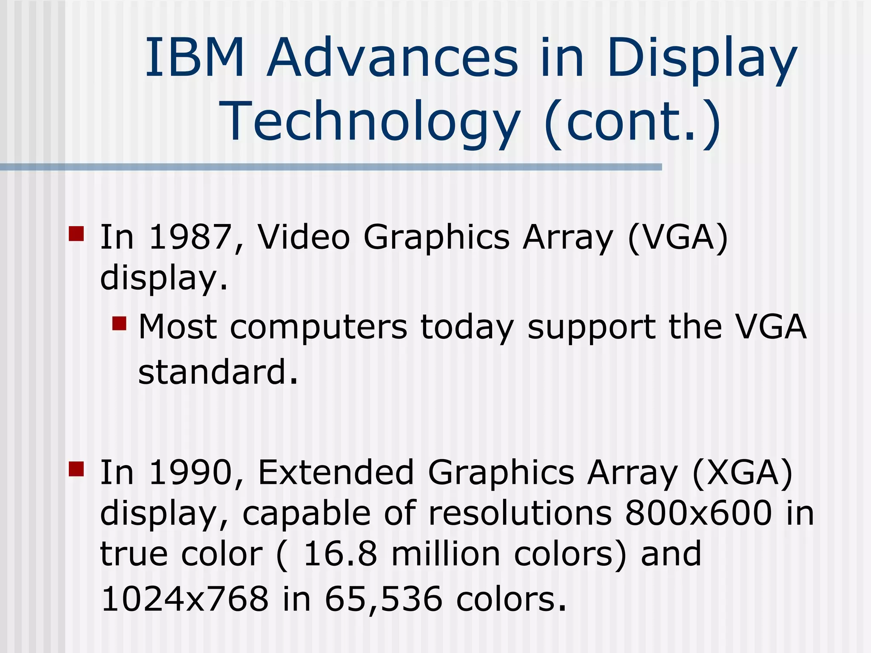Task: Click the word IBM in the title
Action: pos(195,58)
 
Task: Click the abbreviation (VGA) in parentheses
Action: pos(678,237)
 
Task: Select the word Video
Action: pos(304,237)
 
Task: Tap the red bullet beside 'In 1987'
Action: pos(76,233)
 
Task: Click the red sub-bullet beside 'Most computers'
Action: pos(120,323)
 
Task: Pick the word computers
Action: pos(319,327)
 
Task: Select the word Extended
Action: pos(336,473)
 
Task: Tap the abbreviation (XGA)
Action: pos(743,473)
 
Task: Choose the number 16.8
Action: pos(340,554)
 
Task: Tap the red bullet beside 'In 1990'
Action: pos(76,469)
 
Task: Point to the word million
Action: pos(445,554)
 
